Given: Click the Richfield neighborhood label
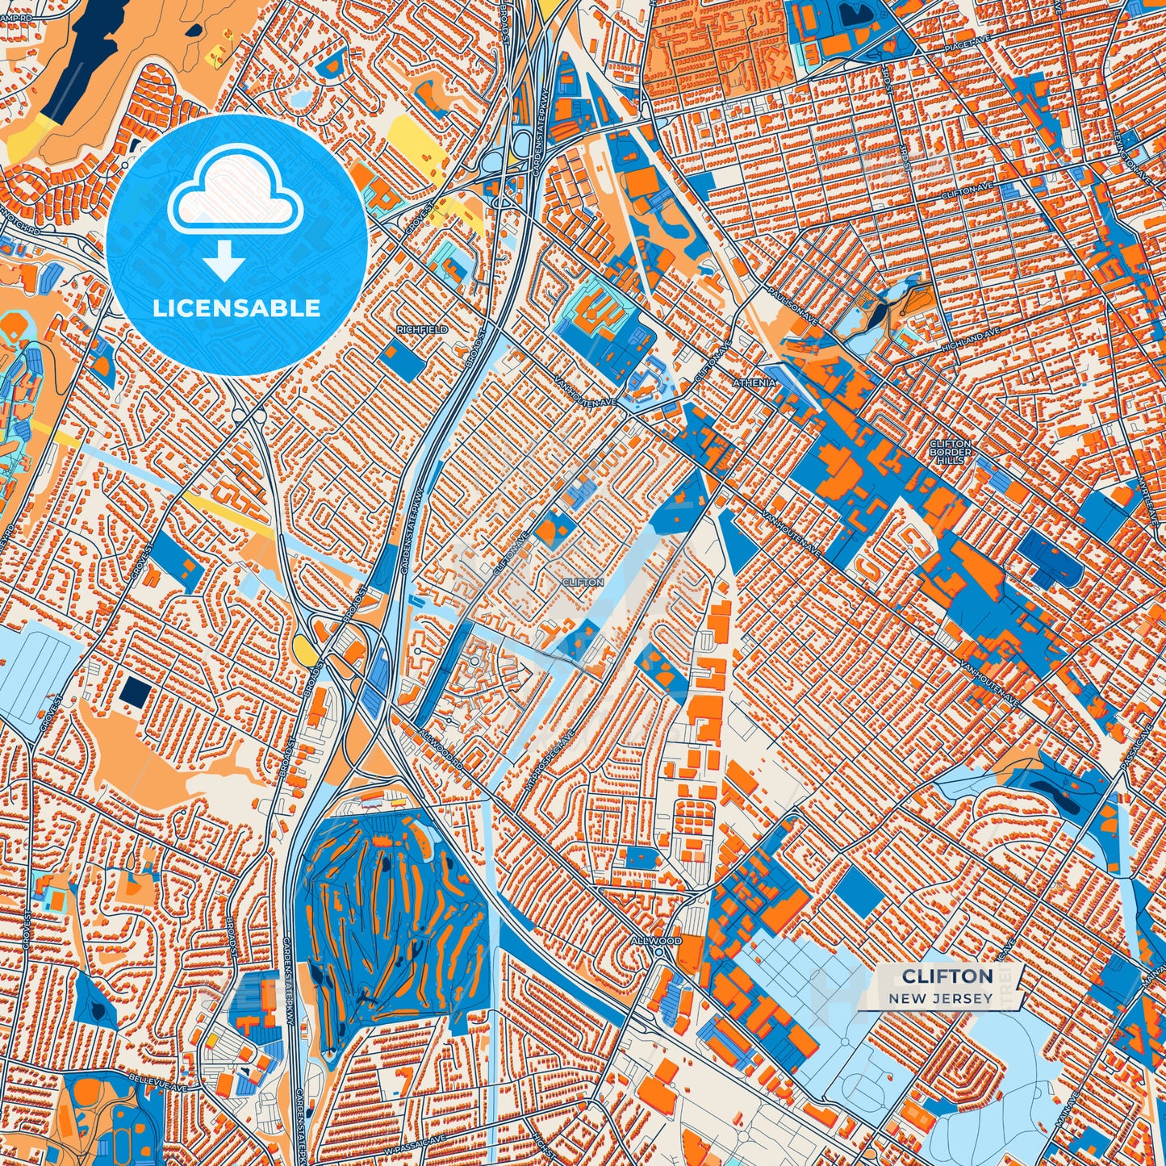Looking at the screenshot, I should (421, 330).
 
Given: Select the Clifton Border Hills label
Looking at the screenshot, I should (951, 451).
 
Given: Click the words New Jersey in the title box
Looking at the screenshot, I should (941, 998).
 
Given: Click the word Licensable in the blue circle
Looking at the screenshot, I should (236, 308).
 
